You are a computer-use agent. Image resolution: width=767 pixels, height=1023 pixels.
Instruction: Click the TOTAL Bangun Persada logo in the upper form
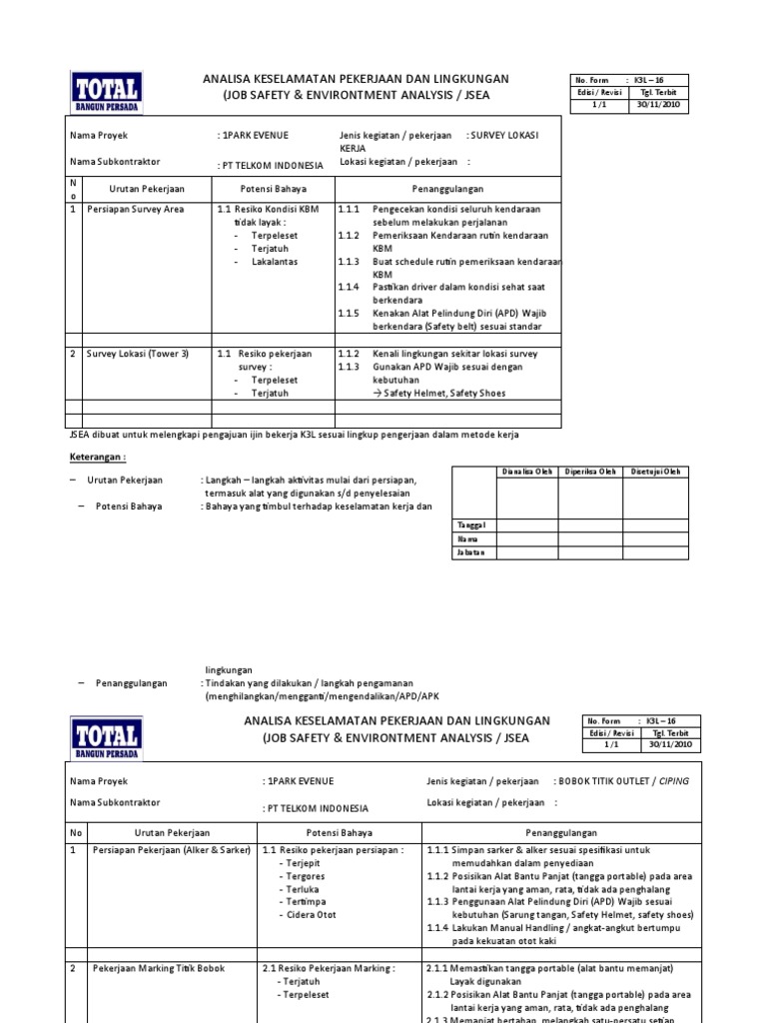point(105,92)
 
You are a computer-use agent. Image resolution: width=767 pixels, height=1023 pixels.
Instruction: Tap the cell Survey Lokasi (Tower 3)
point(137,354)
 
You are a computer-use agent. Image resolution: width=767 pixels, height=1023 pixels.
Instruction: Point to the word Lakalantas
point(274,262)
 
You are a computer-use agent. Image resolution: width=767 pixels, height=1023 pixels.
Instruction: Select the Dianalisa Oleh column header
point(527,472)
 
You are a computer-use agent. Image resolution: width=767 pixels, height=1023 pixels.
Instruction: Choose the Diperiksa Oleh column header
point(588,472)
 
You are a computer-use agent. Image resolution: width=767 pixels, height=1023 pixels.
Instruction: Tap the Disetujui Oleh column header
point(653,472)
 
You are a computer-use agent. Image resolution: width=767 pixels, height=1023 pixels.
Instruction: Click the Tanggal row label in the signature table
point(471,523)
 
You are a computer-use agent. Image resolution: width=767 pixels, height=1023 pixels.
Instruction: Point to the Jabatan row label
point(471,551)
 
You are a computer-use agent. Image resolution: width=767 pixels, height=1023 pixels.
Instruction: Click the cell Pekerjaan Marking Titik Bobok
point(159,968)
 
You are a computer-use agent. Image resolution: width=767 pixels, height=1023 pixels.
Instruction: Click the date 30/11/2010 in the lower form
point(675,745)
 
